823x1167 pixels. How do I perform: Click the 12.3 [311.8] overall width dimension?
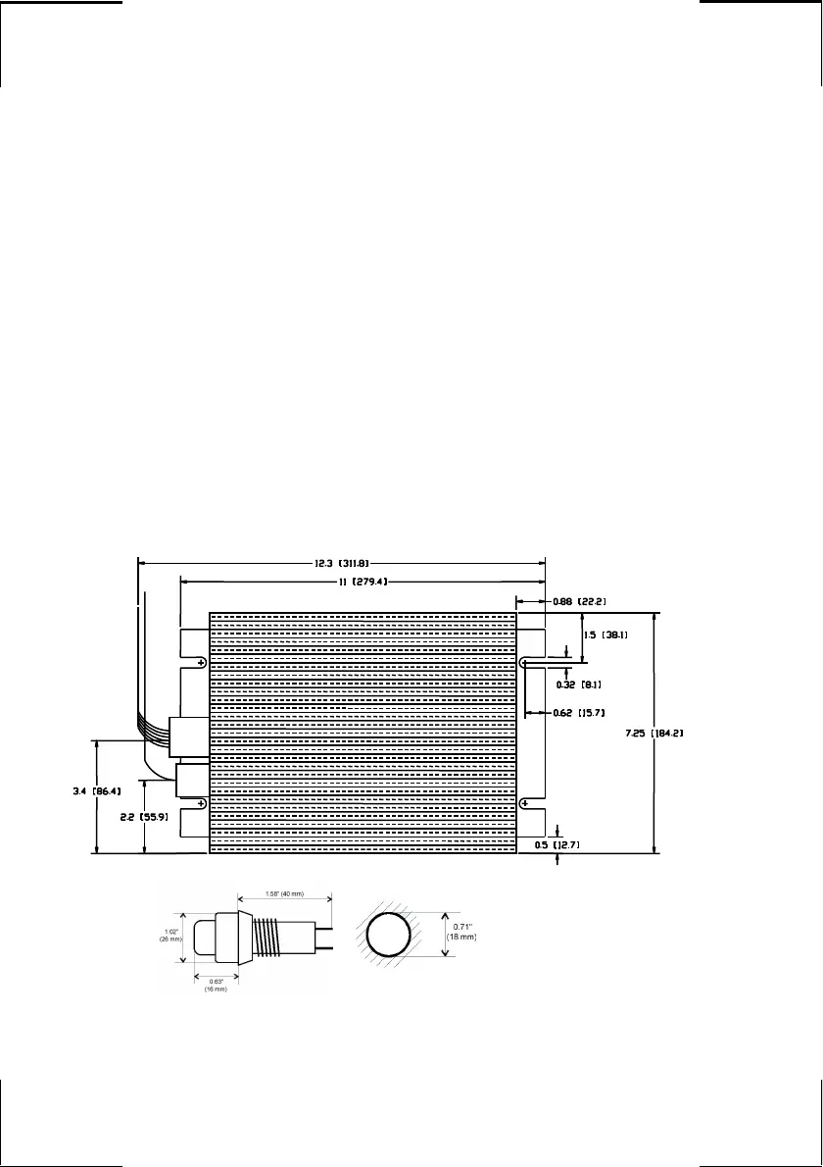341,563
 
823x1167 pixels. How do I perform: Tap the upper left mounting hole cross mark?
201,664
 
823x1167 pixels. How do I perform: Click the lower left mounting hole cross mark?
201,804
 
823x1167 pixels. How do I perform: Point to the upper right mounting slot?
526,663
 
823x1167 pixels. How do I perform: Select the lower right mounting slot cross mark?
526,804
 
